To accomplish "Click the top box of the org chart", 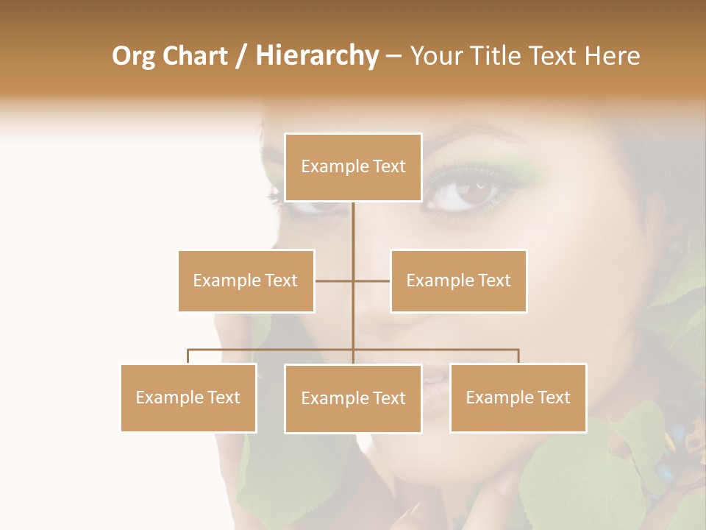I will pyautogui.click(x=353, y=167).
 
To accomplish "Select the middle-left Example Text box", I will pyautogui.click(x=246, y=280).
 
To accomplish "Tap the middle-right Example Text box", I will pyautogui.click(x=458, y=280).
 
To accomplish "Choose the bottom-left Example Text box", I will pyautogui.click(x=188, y=397).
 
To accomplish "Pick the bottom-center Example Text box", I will pyautogui.click(x=353, y=398).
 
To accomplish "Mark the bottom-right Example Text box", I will pyautogui.click(x=518, y=397).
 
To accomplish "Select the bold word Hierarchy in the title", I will pyautogui.click(x=316, y=56).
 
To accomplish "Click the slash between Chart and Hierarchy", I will pyautogui.click(x=241, y=56).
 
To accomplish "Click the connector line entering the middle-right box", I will pyautogui.click(x=372, y=280).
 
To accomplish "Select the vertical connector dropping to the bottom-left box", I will pyautogui.click(x=188, y=356).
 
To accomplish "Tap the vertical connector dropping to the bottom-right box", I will pyautogui.click(x=518, y=356).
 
